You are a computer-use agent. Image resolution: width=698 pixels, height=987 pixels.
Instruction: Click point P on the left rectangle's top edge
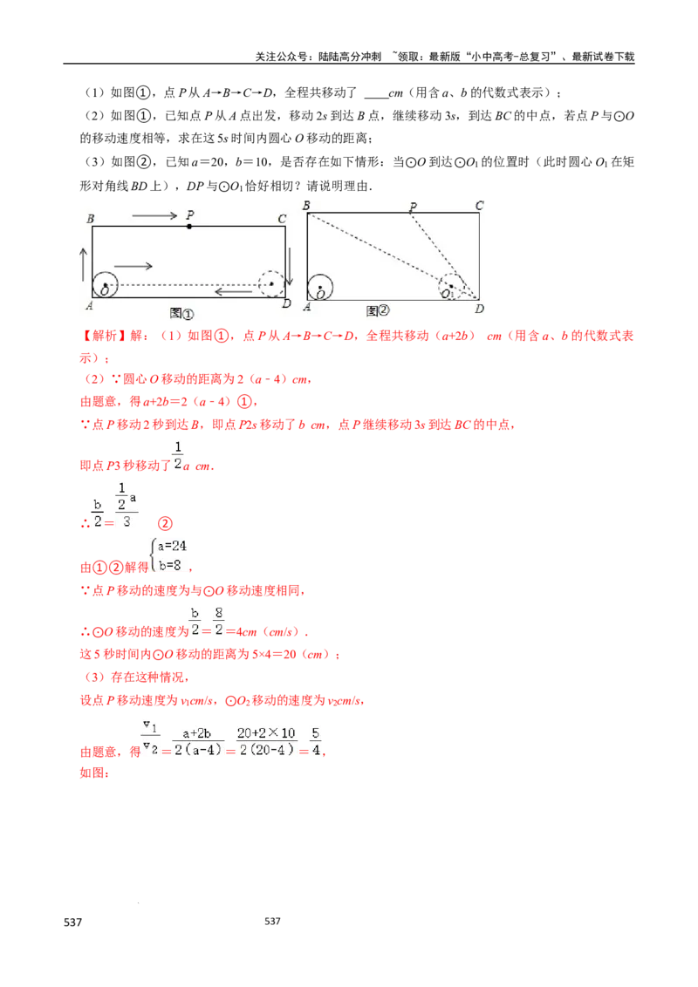pyautogui.click(x=189, y=226)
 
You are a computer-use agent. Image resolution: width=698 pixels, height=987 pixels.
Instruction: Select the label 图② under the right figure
pyautogui.click(x=378, y=310)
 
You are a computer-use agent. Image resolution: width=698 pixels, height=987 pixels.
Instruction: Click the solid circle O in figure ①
pyautogui.click(x=106, y=284)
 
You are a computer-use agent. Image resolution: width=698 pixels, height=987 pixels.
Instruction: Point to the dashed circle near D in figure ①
pyautogui.click(x=271, y=283)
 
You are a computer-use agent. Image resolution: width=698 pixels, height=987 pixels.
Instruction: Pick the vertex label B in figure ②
pyautogui.click(x=306, y=205)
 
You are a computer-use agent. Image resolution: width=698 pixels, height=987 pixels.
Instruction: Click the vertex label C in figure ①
pyautogui.click(x=281, y=219)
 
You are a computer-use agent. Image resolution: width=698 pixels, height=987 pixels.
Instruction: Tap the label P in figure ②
pyautogui.click(x=413, y=207)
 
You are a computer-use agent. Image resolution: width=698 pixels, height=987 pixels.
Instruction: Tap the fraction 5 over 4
pyautogui.click(x=316, y=739)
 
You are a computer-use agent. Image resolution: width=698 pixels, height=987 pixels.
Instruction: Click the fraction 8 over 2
pyautogui.click(x=219, y=619)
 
